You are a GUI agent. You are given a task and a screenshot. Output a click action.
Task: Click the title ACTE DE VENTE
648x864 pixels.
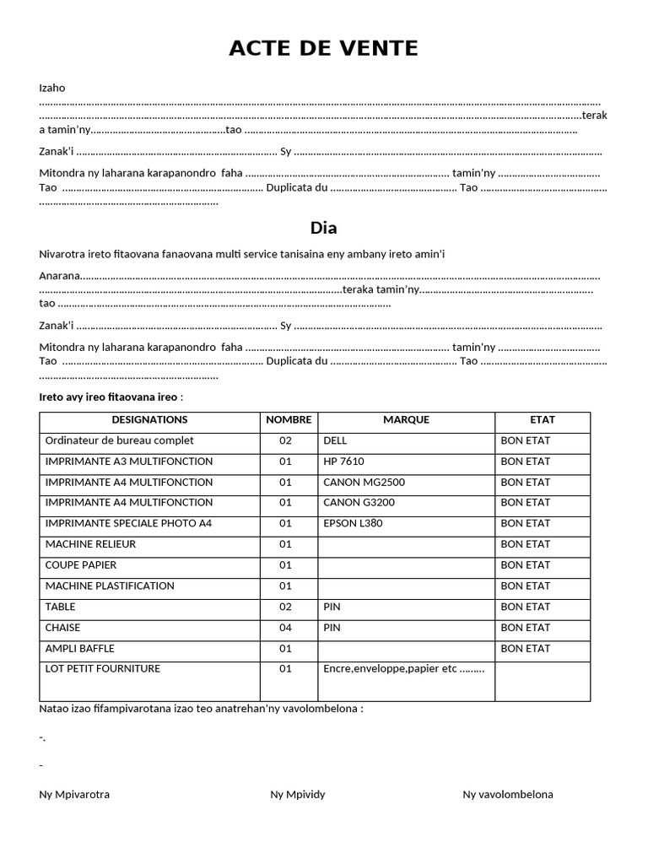click(323, 49)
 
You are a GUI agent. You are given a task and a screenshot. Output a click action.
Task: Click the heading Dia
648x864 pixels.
click(323, 228)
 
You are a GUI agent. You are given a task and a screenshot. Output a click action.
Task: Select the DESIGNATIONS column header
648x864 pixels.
click(149, 420)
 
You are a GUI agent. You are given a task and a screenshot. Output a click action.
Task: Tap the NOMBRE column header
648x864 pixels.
click(289, 420)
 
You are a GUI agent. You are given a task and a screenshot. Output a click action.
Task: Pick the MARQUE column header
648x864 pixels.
click(406, 420)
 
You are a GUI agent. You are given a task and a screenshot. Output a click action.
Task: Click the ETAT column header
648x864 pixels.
click(542, 420)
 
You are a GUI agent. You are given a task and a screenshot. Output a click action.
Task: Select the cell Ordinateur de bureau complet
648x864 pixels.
click(119, 440)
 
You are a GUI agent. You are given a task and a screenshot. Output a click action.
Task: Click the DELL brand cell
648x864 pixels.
click(335, 440)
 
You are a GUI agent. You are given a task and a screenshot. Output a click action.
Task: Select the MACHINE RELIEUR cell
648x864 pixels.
click(90, 544)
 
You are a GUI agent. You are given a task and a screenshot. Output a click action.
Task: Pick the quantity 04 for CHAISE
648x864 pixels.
click(285, 628)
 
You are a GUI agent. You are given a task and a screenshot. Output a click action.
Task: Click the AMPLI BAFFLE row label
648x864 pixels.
click(80, 649)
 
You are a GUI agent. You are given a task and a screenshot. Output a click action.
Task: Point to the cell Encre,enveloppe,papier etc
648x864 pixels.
click(403, 669)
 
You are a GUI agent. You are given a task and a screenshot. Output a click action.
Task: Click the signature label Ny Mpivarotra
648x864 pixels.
click(74, 795)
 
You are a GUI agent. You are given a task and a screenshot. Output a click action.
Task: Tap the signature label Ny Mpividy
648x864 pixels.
click(297, 795)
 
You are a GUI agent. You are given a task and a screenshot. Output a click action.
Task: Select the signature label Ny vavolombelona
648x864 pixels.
click(508, 795)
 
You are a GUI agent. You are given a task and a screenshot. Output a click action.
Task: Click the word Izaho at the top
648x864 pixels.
click(52, 88)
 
